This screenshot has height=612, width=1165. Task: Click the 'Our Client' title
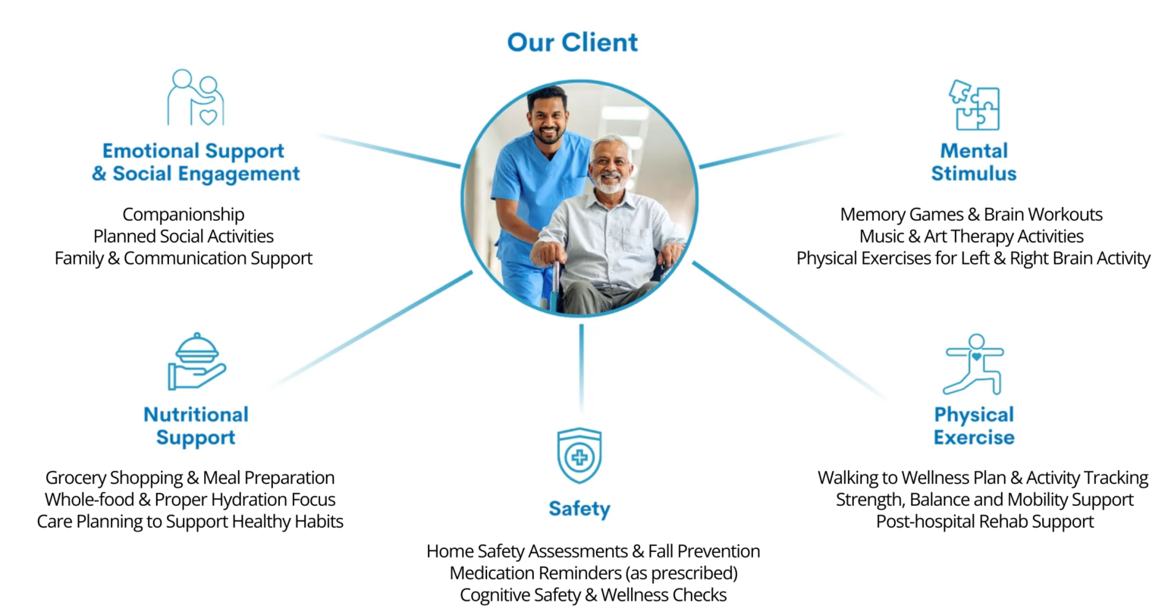(572, 42)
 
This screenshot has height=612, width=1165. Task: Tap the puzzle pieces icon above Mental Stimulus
(974, 105)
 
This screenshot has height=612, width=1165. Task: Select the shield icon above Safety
(579, 456)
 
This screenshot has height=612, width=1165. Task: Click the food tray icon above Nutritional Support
(196, 362)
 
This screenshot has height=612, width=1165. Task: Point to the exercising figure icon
(974, 364)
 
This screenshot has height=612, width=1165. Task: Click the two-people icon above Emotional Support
(196, 97)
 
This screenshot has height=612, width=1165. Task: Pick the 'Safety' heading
(579, 509)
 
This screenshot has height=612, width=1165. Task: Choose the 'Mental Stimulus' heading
(974, 162)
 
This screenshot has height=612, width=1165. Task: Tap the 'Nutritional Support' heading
(196, 425)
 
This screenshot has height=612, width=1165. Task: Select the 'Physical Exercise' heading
(974, 425)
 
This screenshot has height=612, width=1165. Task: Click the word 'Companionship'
(183, 214)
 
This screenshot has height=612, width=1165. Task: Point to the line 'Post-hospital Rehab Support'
(984, 522)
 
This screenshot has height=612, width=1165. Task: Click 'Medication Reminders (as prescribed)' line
(593, 573)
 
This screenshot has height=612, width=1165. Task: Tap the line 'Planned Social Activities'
(183, 236)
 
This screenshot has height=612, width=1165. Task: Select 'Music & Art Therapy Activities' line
(971, 237)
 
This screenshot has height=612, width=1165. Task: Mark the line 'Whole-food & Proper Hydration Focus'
(190, 500)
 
